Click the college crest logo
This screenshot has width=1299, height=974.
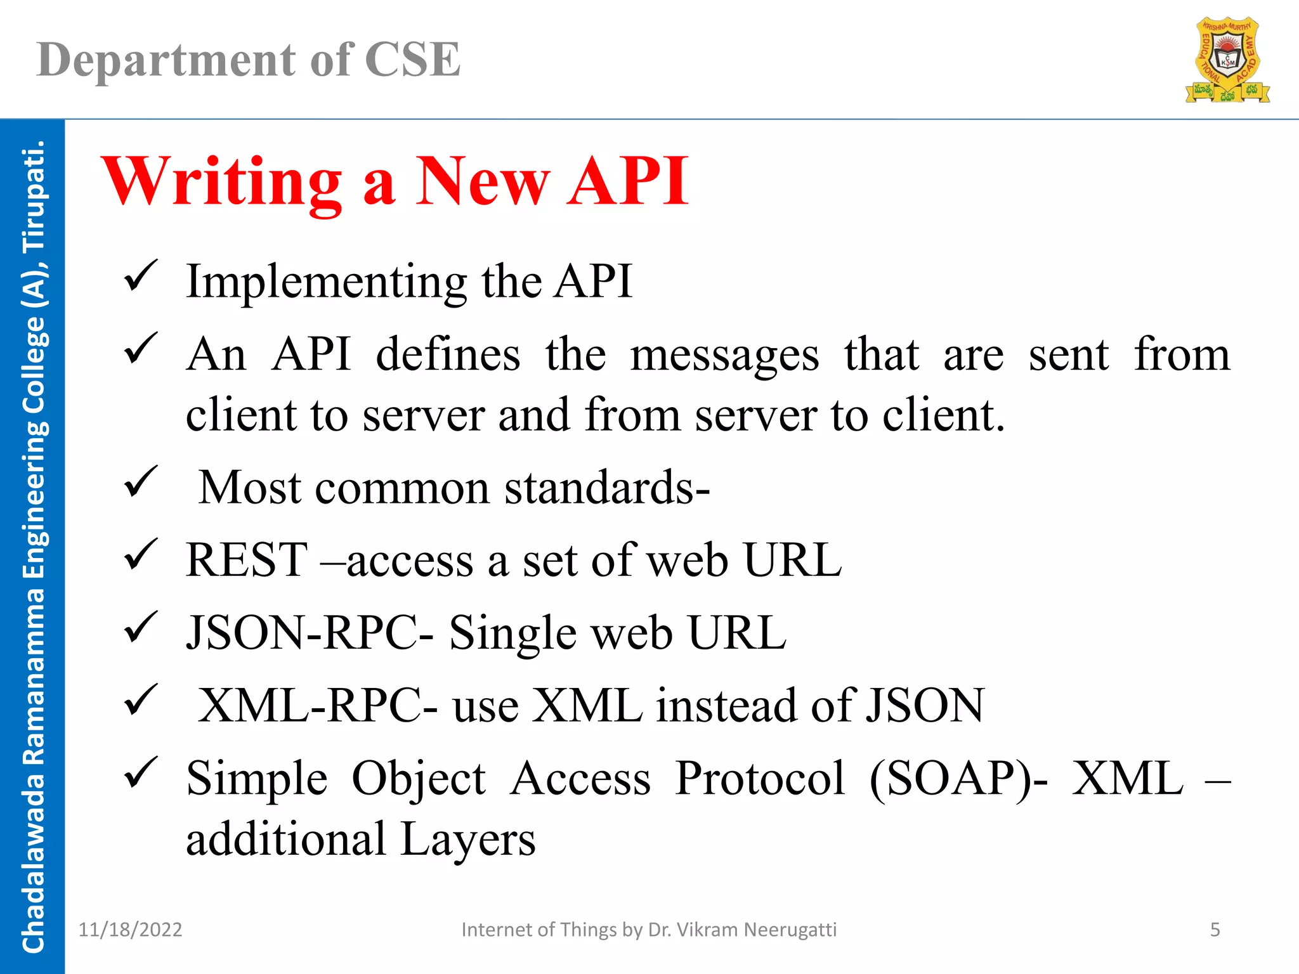[1227, 60]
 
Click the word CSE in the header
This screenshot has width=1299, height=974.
[412, 60]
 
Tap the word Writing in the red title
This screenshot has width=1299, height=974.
[222, 182]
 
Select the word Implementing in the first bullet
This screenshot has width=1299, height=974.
[327, 282]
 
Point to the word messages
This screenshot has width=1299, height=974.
[724, 355]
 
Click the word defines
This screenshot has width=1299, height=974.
[448, 355]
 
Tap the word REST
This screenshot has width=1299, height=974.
[246, 561]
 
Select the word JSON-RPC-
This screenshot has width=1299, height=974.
[310, 633]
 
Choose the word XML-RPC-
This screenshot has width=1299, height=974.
[317, 706]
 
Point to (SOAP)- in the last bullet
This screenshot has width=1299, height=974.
[958, 779]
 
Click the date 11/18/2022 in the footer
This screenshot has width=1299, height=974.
[130, 930]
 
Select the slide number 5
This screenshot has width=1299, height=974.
[1215, 930]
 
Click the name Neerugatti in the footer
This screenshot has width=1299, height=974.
[790, 930]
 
